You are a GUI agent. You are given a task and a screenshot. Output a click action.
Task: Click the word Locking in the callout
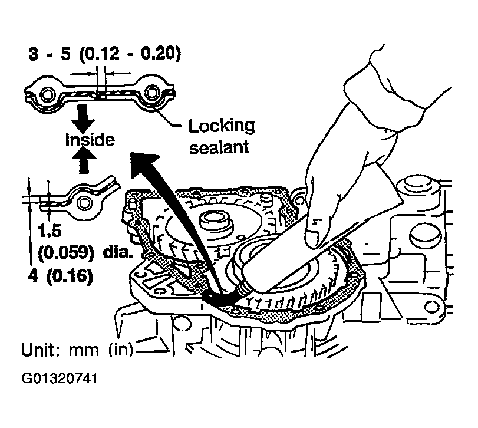(221, 126)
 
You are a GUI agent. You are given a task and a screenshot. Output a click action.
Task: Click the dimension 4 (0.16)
(61, 275)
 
